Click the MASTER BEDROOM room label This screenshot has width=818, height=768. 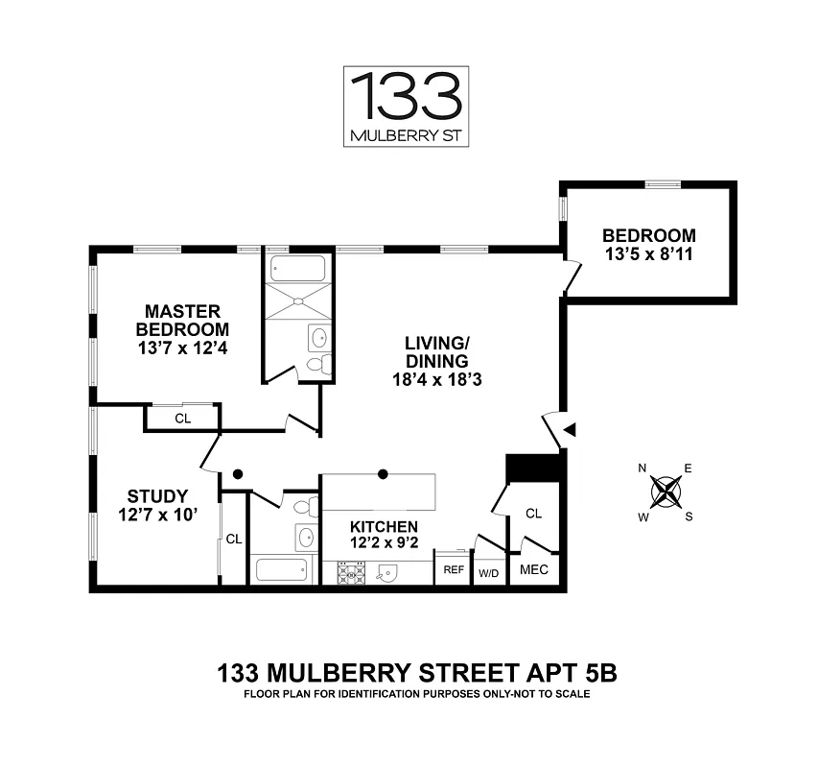(182, 321)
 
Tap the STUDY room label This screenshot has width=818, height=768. (157, 495)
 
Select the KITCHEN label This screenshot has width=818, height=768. (384, 526)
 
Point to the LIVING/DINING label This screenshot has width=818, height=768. (437, 352)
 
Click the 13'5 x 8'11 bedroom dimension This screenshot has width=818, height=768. (649, 254)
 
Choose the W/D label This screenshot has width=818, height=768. (489, 573)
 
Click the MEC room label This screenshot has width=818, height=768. (534, 569)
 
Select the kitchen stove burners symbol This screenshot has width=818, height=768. (351, 573)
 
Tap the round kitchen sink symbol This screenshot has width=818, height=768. (387, 573)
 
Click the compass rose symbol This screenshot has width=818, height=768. (666, 492)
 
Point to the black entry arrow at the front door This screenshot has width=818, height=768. (570, 430)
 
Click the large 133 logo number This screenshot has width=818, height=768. (407, 96)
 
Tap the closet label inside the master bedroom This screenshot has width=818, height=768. (183, 419)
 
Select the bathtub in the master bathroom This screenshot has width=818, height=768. (298, 269)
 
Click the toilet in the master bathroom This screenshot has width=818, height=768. (318, 363)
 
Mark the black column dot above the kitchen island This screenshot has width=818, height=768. (383, 474)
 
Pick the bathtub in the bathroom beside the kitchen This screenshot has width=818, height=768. (282, 570)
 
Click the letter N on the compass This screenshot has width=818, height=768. (643, 468)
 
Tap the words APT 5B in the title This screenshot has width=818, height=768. (572, 672)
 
